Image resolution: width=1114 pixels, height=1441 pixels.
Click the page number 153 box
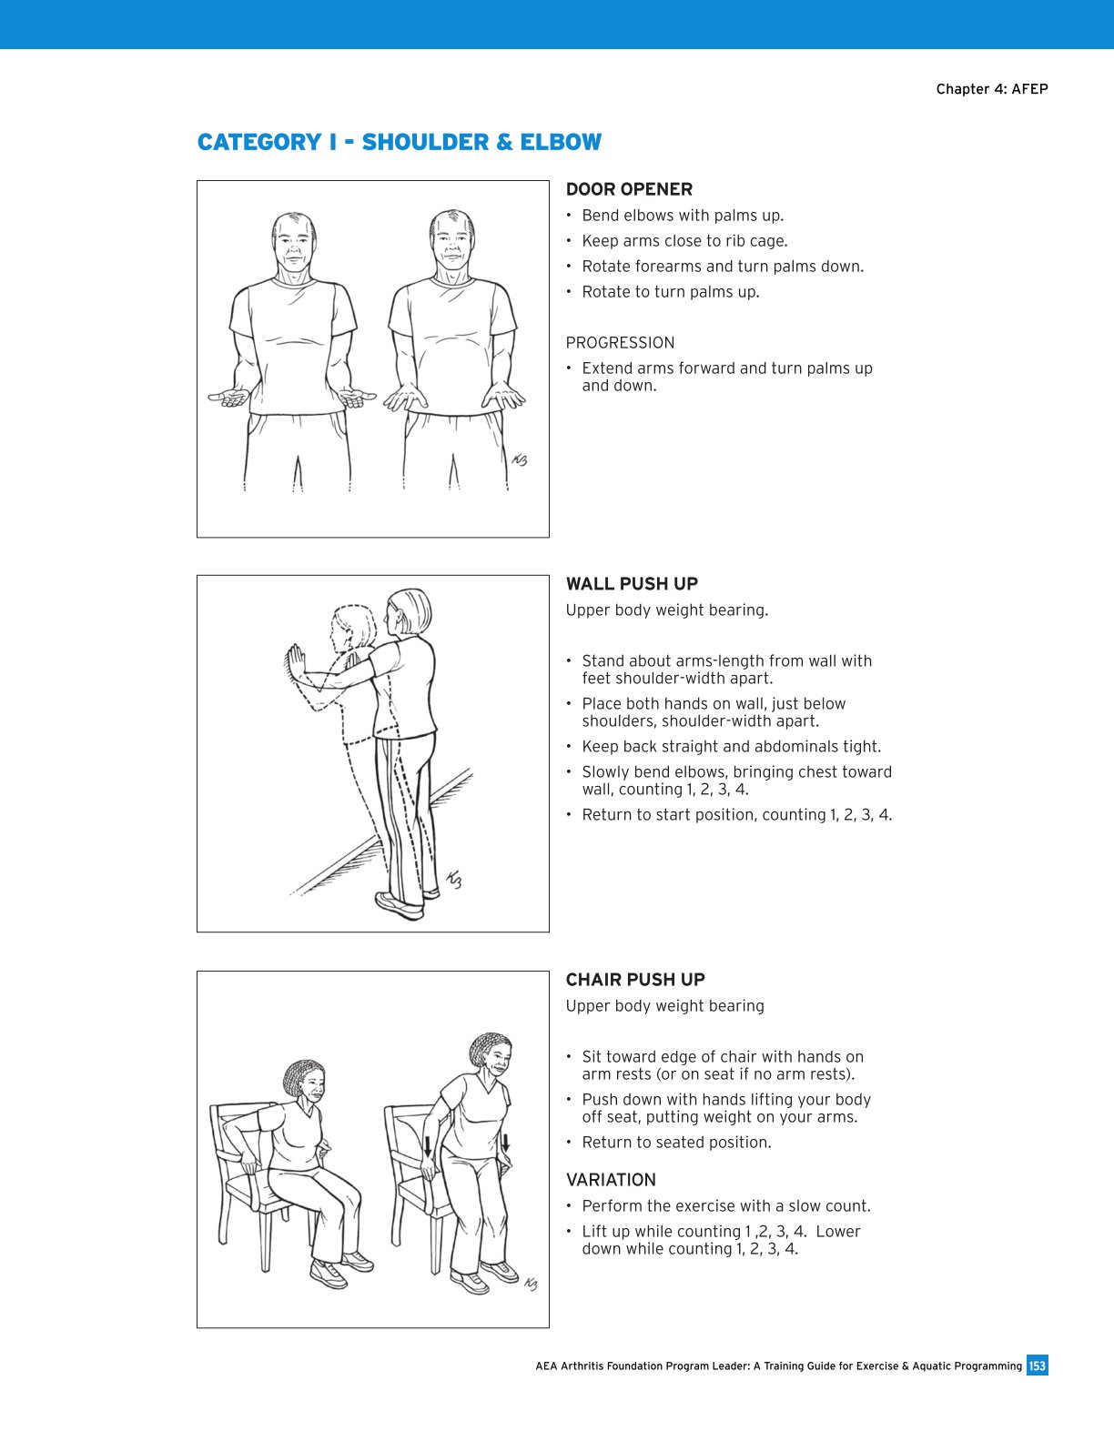tap(1037, 1365)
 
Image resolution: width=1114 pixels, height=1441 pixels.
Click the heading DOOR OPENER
tap(629, 189)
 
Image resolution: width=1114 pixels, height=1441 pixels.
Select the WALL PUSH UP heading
tap(632, 584)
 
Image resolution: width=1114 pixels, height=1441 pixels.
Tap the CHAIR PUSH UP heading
tap(635, 980)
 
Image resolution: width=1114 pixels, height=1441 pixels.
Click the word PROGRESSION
tap(620, 343)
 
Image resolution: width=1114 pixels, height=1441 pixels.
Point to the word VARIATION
tap(611, 1180)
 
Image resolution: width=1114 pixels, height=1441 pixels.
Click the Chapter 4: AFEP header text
tap(991, 89)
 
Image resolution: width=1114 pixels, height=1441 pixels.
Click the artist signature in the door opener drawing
tap(520, 460)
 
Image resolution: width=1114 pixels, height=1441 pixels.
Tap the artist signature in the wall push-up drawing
tap(453, 880)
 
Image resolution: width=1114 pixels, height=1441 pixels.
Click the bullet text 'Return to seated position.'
tap(676, 1143)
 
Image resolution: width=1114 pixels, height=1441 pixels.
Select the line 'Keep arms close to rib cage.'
tap(684, 241)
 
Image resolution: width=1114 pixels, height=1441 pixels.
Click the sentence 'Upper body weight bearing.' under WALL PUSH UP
tap(666, 610)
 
